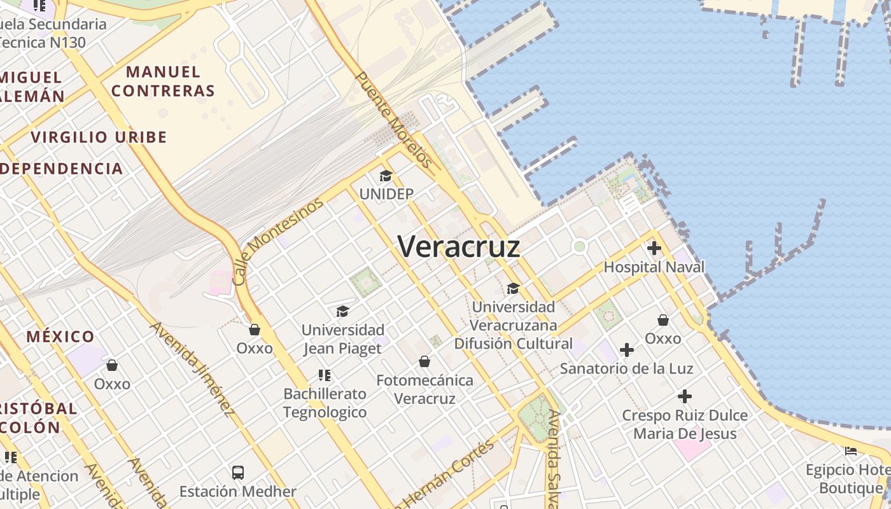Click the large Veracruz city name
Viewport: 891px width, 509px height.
(459, 247)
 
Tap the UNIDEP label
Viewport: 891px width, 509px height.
(386, 194)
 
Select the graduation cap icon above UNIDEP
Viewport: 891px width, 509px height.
(386, 176)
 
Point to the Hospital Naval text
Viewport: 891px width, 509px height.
(654, 267)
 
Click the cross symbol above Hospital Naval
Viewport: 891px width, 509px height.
(654, 248)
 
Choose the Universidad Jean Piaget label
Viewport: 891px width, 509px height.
(342, 339)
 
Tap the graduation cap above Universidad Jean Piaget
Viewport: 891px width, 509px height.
(342, 311)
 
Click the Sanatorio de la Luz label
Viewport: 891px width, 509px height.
(626, 368)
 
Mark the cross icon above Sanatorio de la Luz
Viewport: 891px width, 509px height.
(627, 349)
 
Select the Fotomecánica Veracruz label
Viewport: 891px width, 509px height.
(424, 389)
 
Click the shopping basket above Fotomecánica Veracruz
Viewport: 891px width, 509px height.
(424, 361)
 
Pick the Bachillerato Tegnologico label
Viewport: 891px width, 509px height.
(325, 403)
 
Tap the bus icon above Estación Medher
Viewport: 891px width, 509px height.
(237, 472)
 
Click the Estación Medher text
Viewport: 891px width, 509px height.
(237, 491)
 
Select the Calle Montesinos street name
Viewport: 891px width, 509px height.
(278, 241)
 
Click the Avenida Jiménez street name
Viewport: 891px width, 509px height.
(192, 369)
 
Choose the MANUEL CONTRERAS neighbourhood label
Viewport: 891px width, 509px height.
(164, 81)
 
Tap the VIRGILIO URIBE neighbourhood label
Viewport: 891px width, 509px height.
(99, 137)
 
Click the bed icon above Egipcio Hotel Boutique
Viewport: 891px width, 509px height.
(851, 451)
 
